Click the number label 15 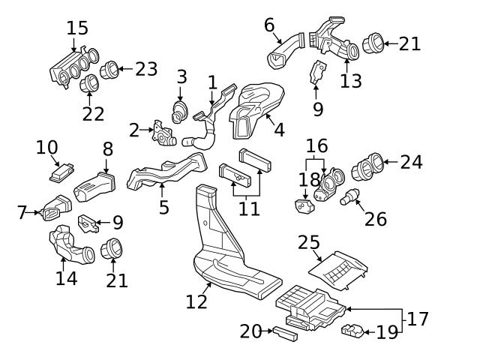[x=77, y=28]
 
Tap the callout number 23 [x=146, y=69]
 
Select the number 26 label [x=375, y=218]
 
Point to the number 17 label [x=418, y=319]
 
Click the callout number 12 [x=196, y=302]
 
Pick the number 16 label [x=316, y=145]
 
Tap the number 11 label [x=249, y=208]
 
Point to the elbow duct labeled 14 [x=70, y=247]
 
